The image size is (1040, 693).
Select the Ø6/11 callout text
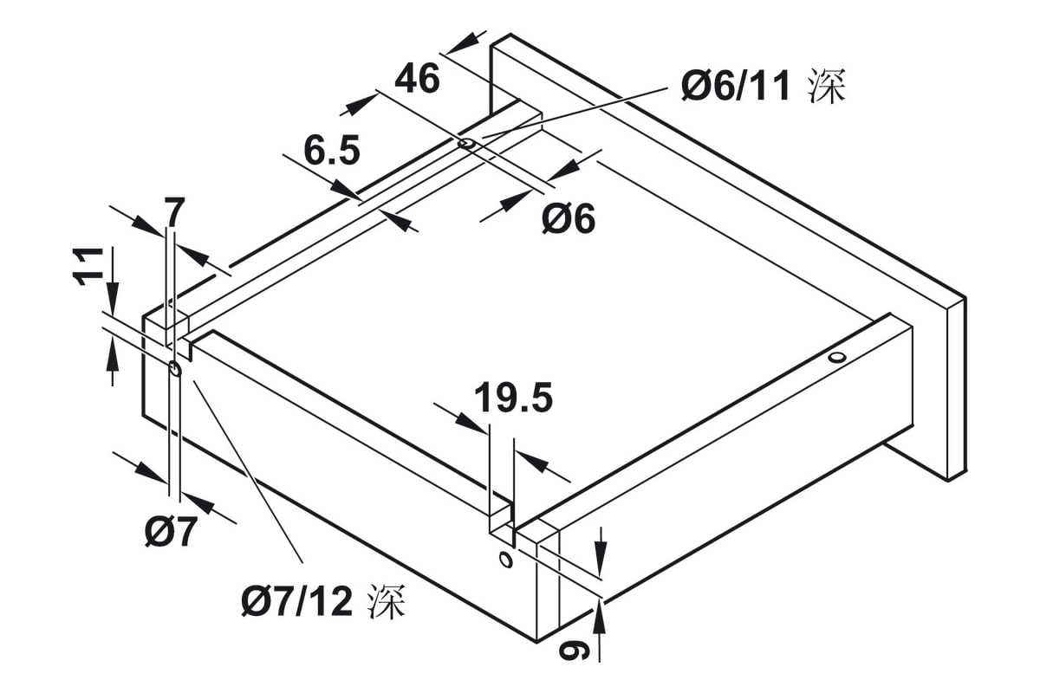pos(736,86)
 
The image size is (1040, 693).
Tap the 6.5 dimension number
pos(332,150)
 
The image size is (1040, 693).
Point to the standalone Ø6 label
pos(569,218)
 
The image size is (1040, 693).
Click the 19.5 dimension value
pos(513,398)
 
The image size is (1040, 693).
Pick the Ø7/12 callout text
pos(297,602)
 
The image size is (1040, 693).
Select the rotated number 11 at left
pos(88,266)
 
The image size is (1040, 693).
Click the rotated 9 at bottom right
pos(574,649)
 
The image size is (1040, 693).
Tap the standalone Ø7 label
pos(170,532)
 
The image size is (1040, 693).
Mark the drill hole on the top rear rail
pos(466,144)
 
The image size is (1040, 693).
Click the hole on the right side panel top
pos(837,358)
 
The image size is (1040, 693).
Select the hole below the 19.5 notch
pos(505,560)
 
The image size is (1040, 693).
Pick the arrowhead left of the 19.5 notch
pos(471,423)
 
